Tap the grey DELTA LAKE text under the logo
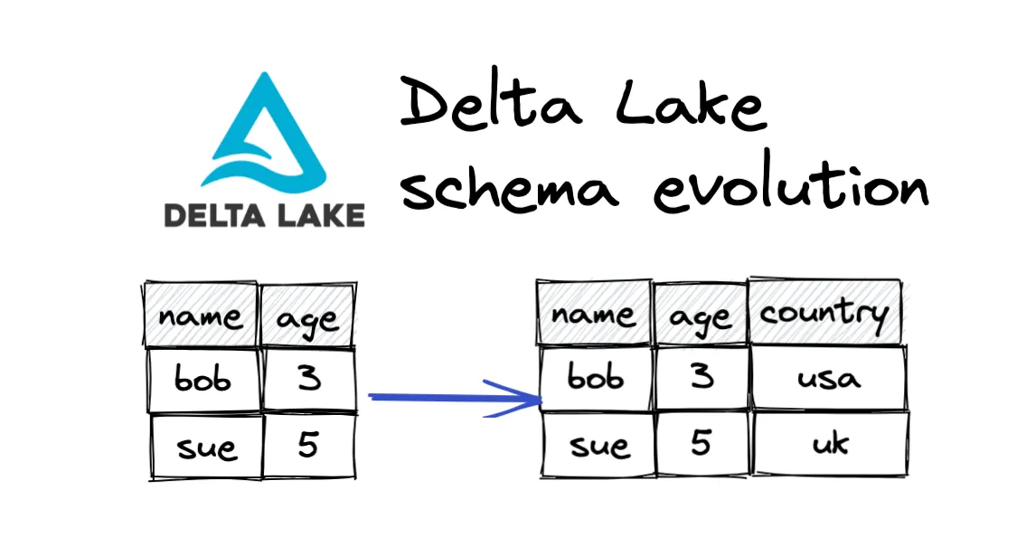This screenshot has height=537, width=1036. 264,214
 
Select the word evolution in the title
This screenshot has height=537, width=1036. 791,188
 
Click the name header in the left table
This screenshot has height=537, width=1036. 201,316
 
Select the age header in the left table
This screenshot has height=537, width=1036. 307,318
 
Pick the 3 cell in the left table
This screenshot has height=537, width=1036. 308,379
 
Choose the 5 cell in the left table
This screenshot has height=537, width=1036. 308,445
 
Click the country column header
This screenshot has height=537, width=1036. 824,313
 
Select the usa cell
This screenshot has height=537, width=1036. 828,378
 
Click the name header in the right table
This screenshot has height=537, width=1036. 594,314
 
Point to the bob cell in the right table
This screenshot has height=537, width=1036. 596,378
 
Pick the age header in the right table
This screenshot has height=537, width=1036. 701,317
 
